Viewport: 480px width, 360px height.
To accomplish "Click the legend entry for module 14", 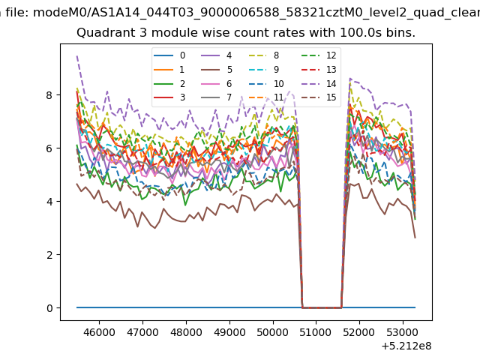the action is pos(319,83).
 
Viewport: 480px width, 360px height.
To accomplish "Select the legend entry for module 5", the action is pos(217,70).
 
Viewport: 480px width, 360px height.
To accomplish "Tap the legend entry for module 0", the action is pos(169,55).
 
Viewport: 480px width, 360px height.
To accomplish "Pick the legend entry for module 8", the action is pos(264,55).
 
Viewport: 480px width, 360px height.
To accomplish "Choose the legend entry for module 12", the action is pos(319,55).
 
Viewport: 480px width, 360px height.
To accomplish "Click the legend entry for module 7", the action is pos(217,97).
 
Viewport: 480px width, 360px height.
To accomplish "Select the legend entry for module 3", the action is pos(169,97).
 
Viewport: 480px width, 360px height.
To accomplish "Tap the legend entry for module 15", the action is pos(319,97).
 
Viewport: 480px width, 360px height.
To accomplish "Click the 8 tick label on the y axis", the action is pos(49,95).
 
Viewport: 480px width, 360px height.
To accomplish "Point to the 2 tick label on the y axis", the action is pos(49,255).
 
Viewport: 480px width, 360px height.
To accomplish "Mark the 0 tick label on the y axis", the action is pos(49,308).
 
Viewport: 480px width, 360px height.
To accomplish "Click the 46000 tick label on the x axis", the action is pos(99,332).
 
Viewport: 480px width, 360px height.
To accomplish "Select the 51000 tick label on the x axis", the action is pos(316,332).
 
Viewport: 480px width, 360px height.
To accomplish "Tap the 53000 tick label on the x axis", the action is pos(403,332).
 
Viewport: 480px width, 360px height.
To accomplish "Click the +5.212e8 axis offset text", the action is pos(406,346).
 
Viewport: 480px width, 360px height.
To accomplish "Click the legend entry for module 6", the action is pos(217,83).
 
